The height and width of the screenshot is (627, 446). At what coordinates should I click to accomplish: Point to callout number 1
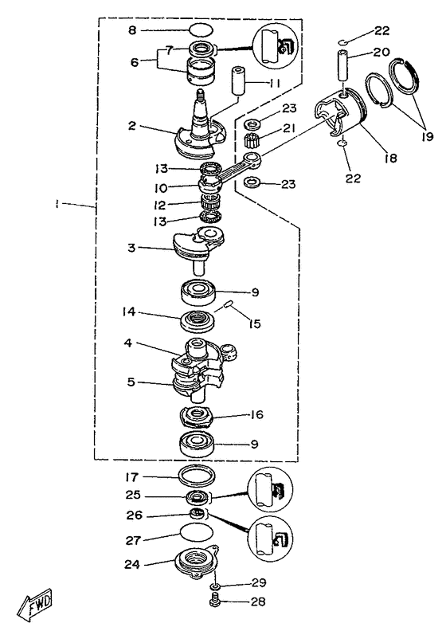pos(57,204)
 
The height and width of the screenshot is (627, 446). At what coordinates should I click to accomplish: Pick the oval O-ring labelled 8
pos(200,30)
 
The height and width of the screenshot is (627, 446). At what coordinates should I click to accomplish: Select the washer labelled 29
pos(216,586)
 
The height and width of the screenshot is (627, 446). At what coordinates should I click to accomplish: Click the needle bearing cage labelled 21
pos(252,142)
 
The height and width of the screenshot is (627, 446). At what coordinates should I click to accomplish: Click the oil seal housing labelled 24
pos(197,562)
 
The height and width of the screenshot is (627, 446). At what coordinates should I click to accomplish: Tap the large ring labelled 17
pos(196,476)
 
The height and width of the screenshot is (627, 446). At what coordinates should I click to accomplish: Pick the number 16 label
pos(256,414)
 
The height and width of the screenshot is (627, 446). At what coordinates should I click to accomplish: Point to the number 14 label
pos(129,312)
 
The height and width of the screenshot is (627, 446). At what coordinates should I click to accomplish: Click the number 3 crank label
pos(131,248)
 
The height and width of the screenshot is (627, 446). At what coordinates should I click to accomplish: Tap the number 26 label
pos(135,515)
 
